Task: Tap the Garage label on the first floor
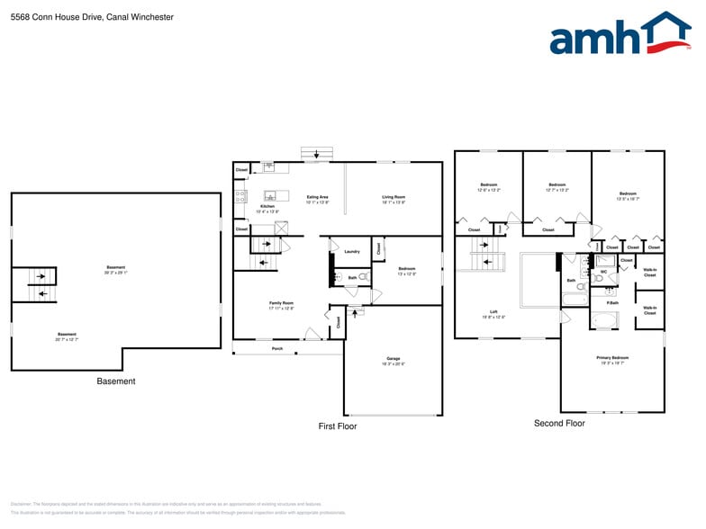click(x=393, y=358)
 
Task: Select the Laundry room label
click(x=351, y=251)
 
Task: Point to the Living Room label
click(x=394, y=197)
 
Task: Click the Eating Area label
click(x=317, y=197)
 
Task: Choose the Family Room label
click(x=281, y=303)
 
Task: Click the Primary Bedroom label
click(x=611, y=357)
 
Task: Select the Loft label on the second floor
click(x=493, y=312)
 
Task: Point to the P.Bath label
click(x=611, y=302)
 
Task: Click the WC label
click(x=603, y=271)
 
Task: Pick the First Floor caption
click(x=338, y=426)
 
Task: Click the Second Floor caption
click(x=559, y=423)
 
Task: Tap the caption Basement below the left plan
click(x=116, y=381)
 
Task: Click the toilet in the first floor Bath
click(x=362, y=277)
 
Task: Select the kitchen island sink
click(x=269, y=195)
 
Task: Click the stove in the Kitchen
click(x=240, y=194)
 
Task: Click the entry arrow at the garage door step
click(x=353, y=316)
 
